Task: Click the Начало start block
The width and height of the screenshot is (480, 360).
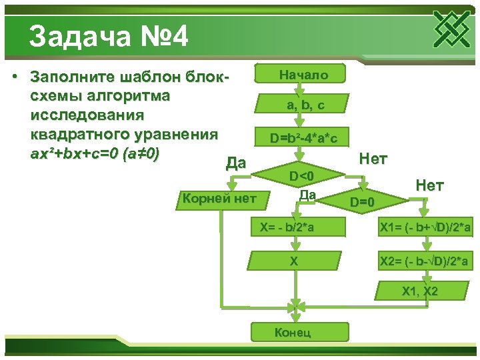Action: (x=303, y=74)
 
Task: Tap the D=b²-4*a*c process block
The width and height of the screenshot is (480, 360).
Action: (x=304, y=138)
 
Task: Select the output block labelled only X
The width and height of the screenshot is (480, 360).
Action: (x=293, y=261)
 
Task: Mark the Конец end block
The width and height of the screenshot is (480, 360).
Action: (x=293, y=333)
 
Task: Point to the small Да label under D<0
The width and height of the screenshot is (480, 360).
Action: (x=307, y=194)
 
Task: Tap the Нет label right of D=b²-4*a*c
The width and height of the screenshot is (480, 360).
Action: (x=373, y=159)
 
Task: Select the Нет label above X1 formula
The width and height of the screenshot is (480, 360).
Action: (x=429, y=185)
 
